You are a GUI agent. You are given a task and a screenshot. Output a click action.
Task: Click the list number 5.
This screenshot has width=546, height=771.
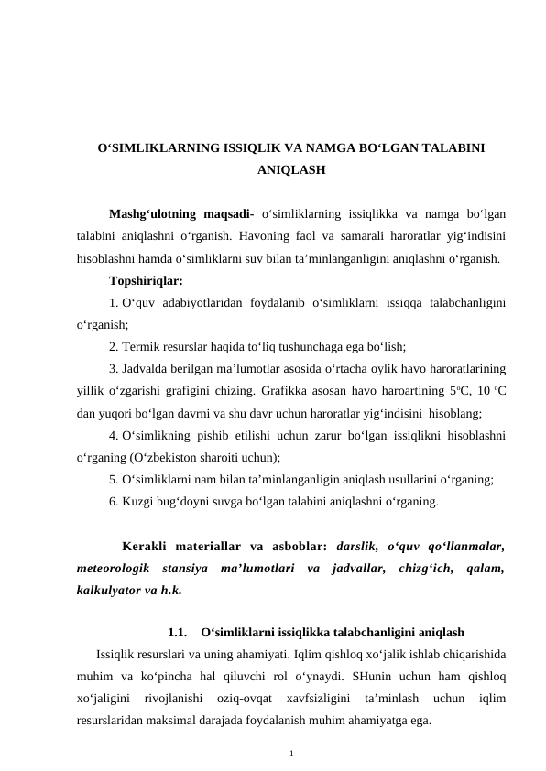click(112, 478)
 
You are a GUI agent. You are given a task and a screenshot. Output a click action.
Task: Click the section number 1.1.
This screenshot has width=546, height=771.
click(179, 633)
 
